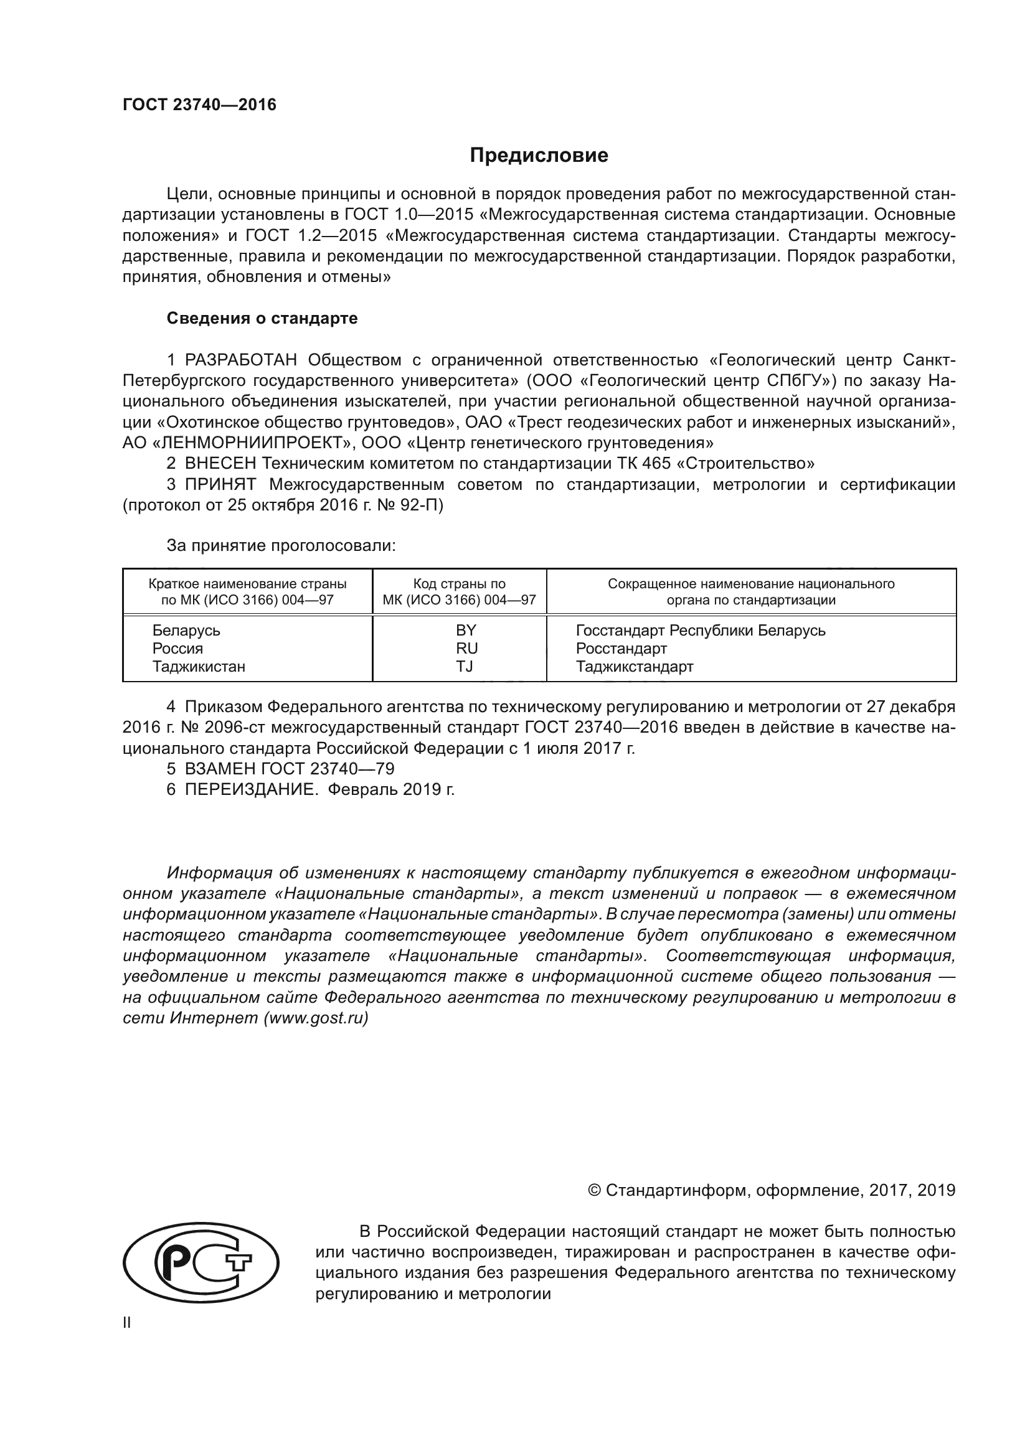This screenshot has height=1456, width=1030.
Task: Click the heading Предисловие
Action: point(539,156)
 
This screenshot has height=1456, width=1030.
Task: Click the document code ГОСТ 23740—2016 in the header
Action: point(199,105)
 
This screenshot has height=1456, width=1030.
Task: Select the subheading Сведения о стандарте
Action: point(262,318)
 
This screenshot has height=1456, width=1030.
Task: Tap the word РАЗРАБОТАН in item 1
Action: point(240,360)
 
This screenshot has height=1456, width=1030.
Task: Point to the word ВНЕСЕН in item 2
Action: point(220,464)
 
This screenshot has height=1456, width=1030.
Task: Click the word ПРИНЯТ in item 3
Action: point(220,484)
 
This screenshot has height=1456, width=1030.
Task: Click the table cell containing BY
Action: point(466,631)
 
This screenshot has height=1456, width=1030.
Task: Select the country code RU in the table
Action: point(466,648)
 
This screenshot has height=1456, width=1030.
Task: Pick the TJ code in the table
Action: point(465,667)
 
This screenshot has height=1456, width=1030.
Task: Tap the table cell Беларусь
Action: point(186,631)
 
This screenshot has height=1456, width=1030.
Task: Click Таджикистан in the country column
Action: point(199,667)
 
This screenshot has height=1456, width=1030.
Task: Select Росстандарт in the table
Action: point(621,648)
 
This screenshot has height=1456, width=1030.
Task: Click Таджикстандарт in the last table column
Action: point(634,667)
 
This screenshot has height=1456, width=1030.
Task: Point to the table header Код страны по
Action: point(459,583)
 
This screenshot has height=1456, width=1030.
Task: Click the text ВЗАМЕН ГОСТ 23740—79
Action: point(289,769)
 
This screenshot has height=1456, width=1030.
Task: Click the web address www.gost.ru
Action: point(315,1018)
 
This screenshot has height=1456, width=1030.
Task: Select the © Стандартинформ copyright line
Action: point(771,1190)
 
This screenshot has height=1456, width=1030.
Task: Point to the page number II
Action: point(127,1322)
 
